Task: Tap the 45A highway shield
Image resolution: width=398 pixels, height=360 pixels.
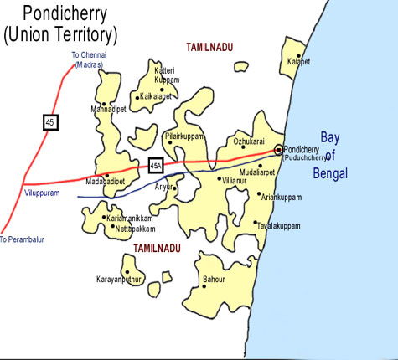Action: pyautogui.click(x=155, y=166)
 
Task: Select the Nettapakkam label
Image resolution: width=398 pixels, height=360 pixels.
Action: pyautogui.click(x=135, y=227)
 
